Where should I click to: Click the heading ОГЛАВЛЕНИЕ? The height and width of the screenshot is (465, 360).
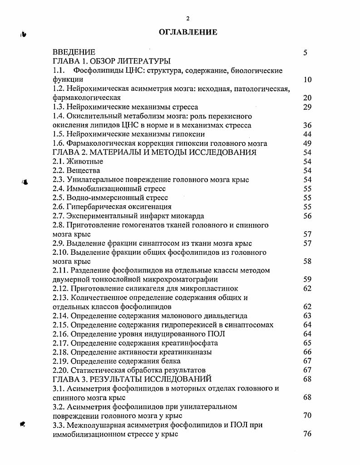pos(188,32)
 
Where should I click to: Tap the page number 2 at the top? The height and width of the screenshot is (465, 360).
pos(187,18)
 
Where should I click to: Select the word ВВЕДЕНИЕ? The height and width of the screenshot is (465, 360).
pos(74,52)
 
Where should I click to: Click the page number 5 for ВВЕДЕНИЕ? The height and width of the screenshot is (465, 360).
pos(306,53)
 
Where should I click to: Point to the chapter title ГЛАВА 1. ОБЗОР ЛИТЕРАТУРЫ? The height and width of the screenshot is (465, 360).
pos(112,61)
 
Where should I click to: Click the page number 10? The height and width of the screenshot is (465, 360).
pos(307,80)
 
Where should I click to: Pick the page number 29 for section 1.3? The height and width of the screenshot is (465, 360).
pos(307,107)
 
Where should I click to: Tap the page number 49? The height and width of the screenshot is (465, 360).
pos(307,143)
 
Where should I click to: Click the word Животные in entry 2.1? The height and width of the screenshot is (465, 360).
pos(85,162)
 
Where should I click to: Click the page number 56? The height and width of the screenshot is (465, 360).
pos(307,216)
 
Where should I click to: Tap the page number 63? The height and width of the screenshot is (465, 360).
pos(307,316)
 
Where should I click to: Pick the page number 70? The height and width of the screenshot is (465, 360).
pos(307,416)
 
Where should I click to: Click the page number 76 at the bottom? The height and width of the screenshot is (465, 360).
pos(307,434)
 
